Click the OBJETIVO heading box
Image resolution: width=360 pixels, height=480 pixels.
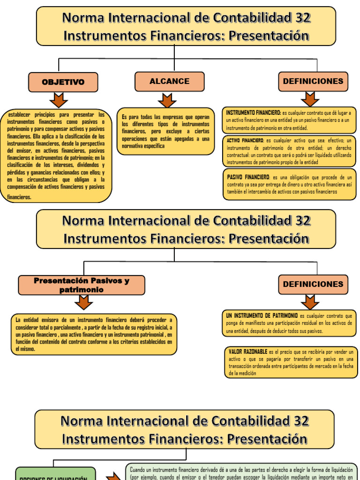coord(63,82)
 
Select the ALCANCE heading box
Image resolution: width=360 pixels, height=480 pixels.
coord(169,82)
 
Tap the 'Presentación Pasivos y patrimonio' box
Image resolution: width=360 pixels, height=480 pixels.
coord(82,285)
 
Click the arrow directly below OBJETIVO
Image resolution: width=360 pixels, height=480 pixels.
coord(59,100)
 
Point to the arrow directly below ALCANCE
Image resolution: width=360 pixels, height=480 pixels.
coord(167,100)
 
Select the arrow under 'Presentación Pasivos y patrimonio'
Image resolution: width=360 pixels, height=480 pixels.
coord(84,303)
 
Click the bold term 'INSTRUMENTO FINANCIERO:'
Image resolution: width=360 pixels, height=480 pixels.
coord(253,113)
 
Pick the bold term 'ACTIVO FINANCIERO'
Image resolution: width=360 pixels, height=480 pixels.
coord(245,140)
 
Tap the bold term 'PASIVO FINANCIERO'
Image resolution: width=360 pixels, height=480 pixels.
coord(248,177)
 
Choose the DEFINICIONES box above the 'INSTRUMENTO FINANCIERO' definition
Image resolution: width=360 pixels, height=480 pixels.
coord(313,81)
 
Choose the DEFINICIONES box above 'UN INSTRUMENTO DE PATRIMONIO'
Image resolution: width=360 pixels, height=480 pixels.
coord(313,284)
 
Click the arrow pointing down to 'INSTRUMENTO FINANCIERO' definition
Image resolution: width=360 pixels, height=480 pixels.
coord(310,99)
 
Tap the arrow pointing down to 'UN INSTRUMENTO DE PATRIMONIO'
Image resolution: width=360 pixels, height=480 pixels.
coord(310,302)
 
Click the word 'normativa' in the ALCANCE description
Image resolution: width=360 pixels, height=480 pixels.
coord(133,146)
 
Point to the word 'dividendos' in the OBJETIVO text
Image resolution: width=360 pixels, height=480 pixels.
coord(84,165)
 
